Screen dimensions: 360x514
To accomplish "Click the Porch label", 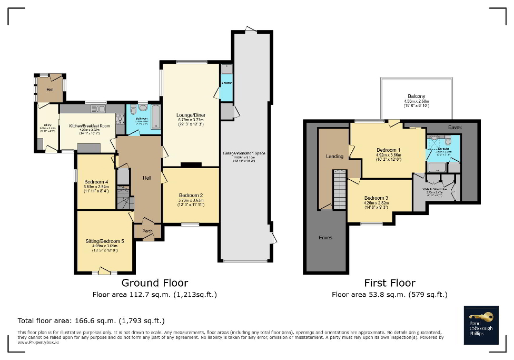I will click(x=147, y=231).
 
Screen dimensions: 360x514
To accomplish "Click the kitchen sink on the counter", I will click(x=98, y=109).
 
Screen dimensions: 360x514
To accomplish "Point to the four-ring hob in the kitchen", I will click(x=120, y=119).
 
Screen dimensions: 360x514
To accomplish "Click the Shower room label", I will click(x=226, y=83).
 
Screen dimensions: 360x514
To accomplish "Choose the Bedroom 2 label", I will click(x=191, y=195).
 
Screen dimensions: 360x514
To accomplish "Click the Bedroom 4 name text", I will click(x=96, y=182).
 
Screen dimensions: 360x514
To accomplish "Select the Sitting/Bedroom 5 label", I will click(x=105, y=241).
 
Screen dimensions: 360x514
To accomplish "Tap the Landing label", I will click(x=334, y=157).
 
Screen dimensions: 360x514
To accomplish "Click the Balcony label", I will click(x=416, y=96).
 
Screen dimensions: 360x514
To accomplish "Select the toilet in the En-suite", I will click(x=448, y=141).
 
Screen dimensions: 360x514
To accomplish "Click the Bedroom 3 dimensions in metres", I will click(x=378, y=202).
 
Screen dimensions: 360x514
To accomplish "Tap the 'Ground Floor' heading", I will click(x=154, y=283).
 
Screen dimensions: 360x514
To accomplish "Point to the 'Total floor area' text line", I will click(x=91, y=320).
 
